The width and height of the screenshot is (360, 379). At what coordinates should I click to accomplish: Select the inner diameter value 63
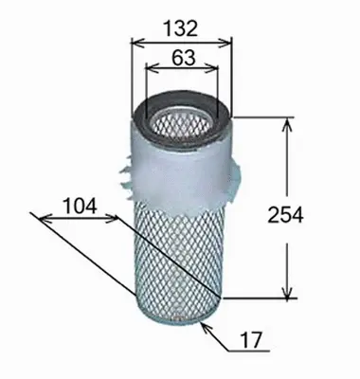click(182, 57)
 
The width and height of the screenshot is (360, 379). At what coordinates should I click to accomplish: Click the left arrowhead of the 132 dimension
click(134, 41)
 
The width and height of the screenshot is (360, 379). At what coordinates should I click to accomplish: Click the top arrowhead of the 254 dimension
click(287, 121)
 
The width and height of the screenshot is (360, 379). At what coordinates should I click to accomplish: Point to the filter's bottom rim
click(178, 316)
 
